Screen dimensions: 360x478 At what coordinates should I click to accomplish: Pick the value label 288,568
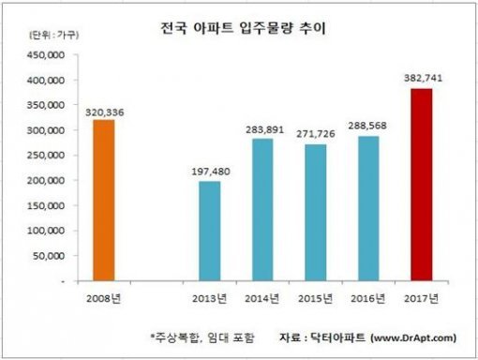[371, 127]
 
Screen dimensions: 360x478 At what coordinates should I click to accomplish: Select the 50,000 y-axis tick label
[46, 256]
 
